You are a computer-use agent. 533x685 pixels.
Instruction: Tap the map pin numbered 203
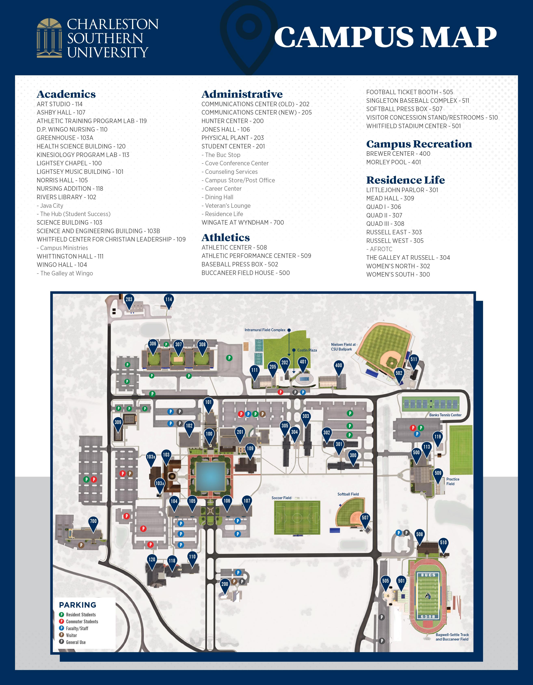[x=129, y=300]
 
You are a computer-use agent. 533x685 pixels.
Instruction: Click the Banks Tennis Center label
[x=445, y=415]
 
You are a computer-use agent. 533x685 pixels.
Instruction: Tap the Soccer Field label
[x=281, y=498]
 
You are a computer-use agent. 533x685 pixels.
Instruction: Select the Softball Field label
[x=348, y=494]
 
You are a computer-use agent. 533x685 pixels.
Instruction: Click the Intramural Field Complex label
[x=265, y=330]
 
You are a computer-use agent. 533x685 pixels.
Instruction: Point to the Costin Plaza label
[x=307, y=350]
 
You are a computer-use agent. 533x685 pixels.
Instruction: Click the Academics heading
[x=66, y=94]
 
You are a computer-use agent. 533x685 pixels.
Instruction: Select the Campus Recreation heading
[x=419, y=144]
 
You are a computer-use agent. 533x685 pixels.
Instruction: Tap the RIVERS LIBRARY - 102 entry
[x=66, y=197]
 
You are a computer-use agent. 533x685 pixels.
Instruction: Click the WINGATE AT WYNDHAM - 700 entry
[x=243, y=222]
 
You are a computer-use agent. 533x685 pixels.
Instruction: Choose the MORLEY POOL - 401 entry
[x=394, y=162]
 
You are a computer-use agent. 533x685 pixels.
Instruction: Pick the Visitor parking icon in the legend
[x=62, y=635]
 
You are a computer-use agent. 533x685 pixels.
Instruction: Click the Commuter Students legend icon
[x=62, y=621]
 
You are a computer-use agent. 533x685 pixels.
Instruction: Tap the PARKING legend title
[x=77, y=605]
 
